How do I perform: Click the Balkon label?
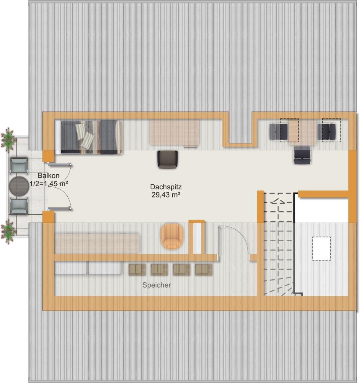[x=48, y=176]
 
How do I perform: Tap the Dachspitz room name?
[x=166, y=187]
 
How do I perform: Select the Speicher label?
[x=156, y=285]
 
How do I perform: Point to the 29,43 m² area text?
[x=166, y=194]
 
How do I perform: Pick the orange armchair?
[x=172, y=236]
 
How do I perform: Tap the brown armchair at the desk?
[x=167, y=159]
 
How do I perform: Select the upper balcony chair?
[x=19, y=166]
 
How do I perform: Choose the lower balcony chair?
[x=19, y=206]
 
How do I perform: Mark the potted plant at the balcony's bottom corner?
[x=8, y=231]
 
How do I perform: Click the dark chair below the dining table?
[x=302, y=155]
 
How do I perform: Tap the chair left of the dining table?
[x=279, y=132]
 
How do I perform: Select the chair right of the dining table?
[x=327, y=132]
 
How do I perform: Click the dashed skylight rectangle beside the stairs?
[x=321, y=248]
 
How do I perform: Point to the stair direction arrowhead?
[x=278, y=201]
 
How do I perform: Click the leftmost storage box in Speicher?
[x=137, y=269]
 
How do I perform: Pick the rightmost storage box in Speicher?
[x=204, y=269]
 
